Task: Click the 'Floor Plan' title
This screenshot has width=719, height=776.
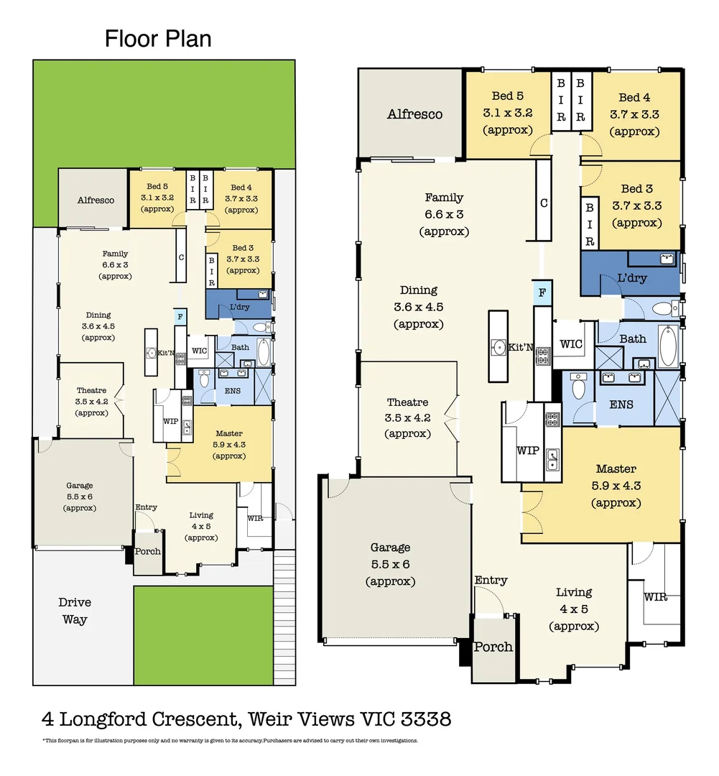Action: [158, 38]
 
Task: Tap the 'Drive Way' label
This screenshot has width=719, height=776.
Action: [74, 610]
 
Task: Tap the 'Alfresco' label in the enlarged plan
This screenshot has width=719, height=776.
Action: [414, 114]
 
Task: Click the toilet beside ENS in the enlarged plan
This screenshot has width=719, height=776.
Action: [577, 388]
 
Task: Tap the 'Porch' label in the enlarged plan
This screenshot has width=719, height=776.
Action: [493, 647]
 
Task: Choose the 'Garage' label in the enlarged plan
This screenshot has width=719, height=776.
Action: [390, 548]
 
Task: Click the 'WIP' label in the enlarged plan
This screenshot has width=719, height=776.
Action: [527, 451]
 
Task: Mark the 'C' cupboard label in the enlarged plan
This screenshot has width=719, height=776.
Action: [544, 203]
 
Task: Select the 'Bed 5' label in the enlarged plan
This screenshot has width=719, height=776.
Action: [507, 96]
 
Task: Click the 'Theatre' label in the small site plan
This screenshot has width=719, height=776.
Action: [91, 391]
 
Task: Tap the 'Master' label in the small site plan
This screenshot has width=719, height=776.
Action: [229, 433]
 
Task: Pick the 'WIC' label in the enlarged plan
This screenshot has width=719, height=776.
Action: [571, 344]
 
